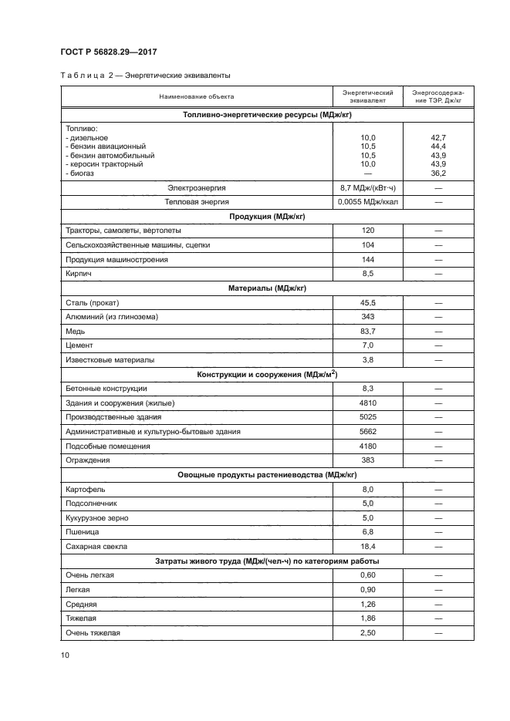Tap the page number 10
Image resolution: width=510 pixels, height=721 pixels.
(x=65, y=655)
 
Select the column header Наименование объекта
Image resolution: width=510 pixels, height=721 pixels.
(x=197, y=97)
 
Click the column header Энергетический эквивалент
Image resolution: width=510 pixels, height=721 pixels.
(x=367, y=97)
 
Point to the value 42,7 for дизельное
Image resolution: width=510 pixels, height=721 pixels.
(x=439, y=137)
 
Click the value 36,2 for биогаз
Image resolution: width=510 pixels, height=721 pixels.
(x=439, y=173)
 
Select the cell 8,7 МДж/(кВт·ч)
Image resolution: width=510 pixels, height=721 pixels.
(x=367, y=187)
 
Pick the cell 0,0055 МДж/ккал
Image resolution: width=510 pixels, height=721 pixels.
(x=367, y=202)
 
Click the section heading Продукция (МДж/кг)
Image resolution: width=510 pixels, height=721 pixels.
(x=267, y=217)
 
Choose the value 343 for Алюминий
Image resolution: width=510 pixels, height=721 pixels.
(x=367, y=317)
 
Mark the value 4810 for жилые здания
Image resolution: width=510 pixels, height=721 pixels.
(x=367, y=403)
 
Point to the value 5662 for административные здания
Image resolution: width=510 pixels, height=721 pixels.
(x=367, y=432)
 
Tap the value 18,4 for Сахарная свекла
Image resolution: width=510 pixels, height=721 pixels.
(x=367, y=547)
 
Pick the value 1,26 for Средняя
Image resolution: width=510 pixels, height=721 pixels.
(x=367, y=605)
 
